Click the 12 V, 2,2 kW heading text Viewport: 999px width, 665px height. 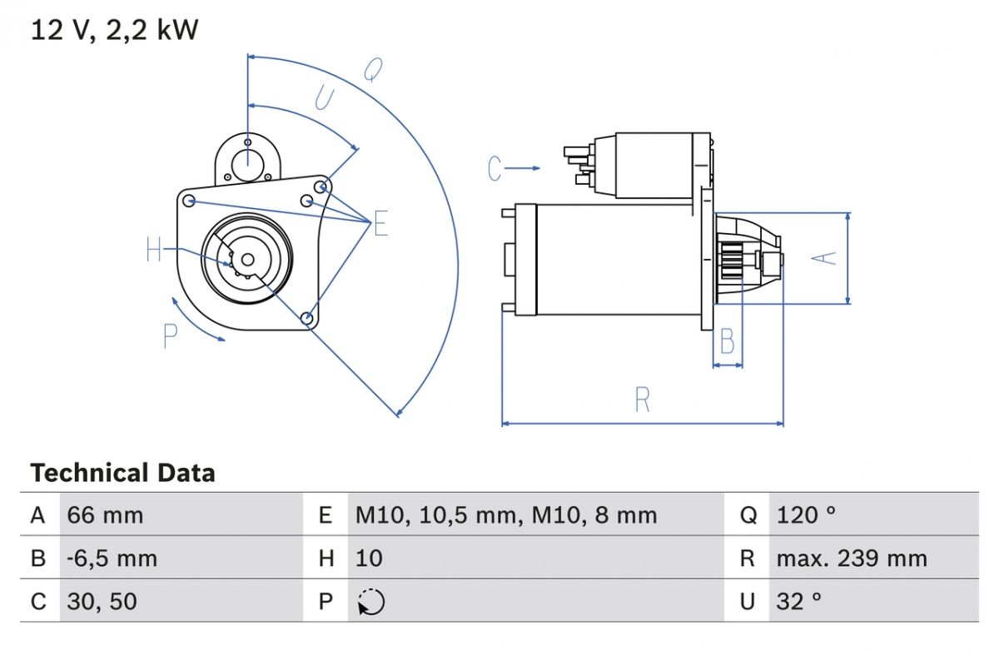point(115,31)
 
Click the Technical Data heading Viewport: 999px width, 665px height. point(122,473)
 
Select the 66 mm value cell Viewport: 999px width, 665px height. point(105,515)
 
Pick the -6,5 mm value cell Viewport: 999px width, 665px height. point(112,558)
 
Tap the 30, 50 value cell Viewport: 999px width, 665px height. point(102,601)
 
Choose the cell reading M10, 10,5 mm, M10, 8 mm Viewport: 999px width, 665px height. point(505,515)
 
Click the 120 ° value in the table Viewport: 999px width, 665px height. point(805,515)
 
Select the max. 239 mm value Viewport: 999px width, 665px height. point(851,558)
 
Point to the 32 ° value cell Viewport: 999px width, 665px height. point(798,601)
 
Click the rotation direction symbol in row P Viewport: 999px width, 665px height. point(370,601)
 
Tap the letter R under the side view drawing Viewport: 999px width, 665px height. point(642,400)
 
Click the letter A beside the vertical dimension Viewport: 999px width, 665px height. point(824,258)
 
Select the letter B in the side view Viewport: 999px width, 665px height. point(728,341)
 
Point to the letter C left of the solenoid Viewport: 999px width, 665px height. point(495,169)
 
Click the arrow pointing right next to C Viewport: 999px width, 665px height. point(524,169)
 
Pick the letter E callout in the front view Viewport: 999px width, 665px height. point(380,223)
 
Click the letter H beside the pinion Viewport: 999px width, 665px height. point(154,249)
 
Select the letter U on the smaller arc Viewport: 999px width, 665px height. point(323,99)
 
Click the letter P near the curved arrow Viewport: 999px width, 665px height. point(171,337)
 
